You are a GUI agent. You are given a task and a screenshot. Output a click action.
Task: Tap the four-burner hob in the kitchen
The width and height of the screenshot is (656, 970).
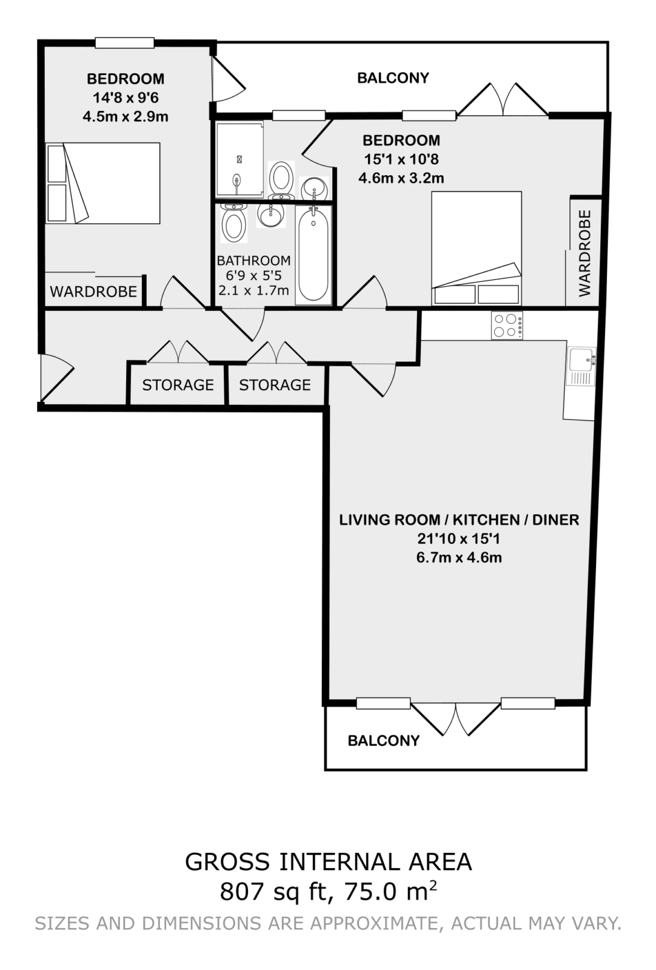pos(506,325)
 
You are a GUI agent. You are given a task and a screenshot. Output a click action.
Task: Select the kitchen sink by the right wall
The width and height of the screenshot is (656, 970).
pos(581,366)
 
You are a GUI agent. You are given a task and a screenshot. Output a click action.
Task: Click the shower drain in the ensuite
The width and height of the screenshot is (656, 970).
pos(239,159)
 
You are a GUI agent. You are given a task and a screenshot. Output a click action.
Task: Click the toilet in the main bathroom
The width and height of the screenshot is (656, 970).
pos(233,222)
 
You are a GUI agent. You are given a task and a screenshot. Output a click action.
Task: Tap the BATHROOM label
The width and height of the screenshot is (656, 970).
pos(254,261)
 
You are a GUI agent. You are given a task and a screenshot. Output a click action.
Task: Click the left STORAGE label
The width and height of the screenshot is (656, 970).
pos(178,385)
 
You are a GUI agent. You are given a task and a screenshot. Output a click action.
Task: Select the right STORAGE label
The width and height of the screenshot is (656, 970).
pos(275,385)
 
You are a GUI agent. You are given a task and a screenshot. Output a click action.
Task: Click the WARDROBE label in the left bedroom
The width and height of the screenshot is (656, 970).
pos(93,292)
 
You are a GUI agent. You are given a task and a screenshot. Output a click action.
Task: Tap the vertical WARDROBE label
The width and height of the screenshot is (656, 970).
pos(584,253)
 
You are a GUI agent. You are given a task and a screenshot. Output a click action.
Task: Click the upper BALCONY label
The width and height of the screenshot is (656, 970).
pos(393,78)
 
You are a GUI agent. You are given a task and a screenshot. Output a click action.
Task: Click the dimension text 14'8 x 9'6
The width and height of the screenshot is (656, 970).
pos(126,98)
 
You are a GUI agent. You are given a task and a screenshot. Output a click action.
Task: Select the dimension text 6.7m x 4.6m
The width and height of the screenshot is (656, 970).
pos(459,557)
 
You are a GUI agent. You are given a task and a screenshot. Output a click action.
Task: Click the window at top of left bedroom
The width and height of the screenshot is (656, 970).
pos(125,42)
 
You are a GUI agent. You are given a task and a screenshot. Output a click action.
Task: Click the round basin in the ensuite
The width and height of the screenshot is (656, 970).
pos(314,189)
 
